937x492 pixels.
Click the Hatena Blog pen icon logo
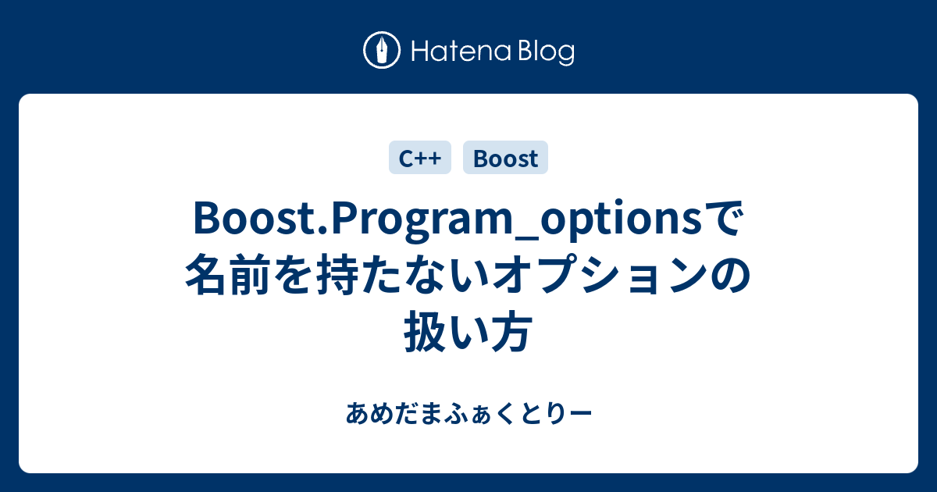383,52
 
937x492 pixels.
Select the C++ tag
419,159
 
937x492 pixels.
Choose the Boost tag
505,159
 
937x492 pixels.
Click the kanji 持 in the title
340,278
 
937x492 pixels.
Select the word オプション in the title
597,278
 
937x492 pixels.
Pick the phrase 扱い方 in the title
468,333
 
